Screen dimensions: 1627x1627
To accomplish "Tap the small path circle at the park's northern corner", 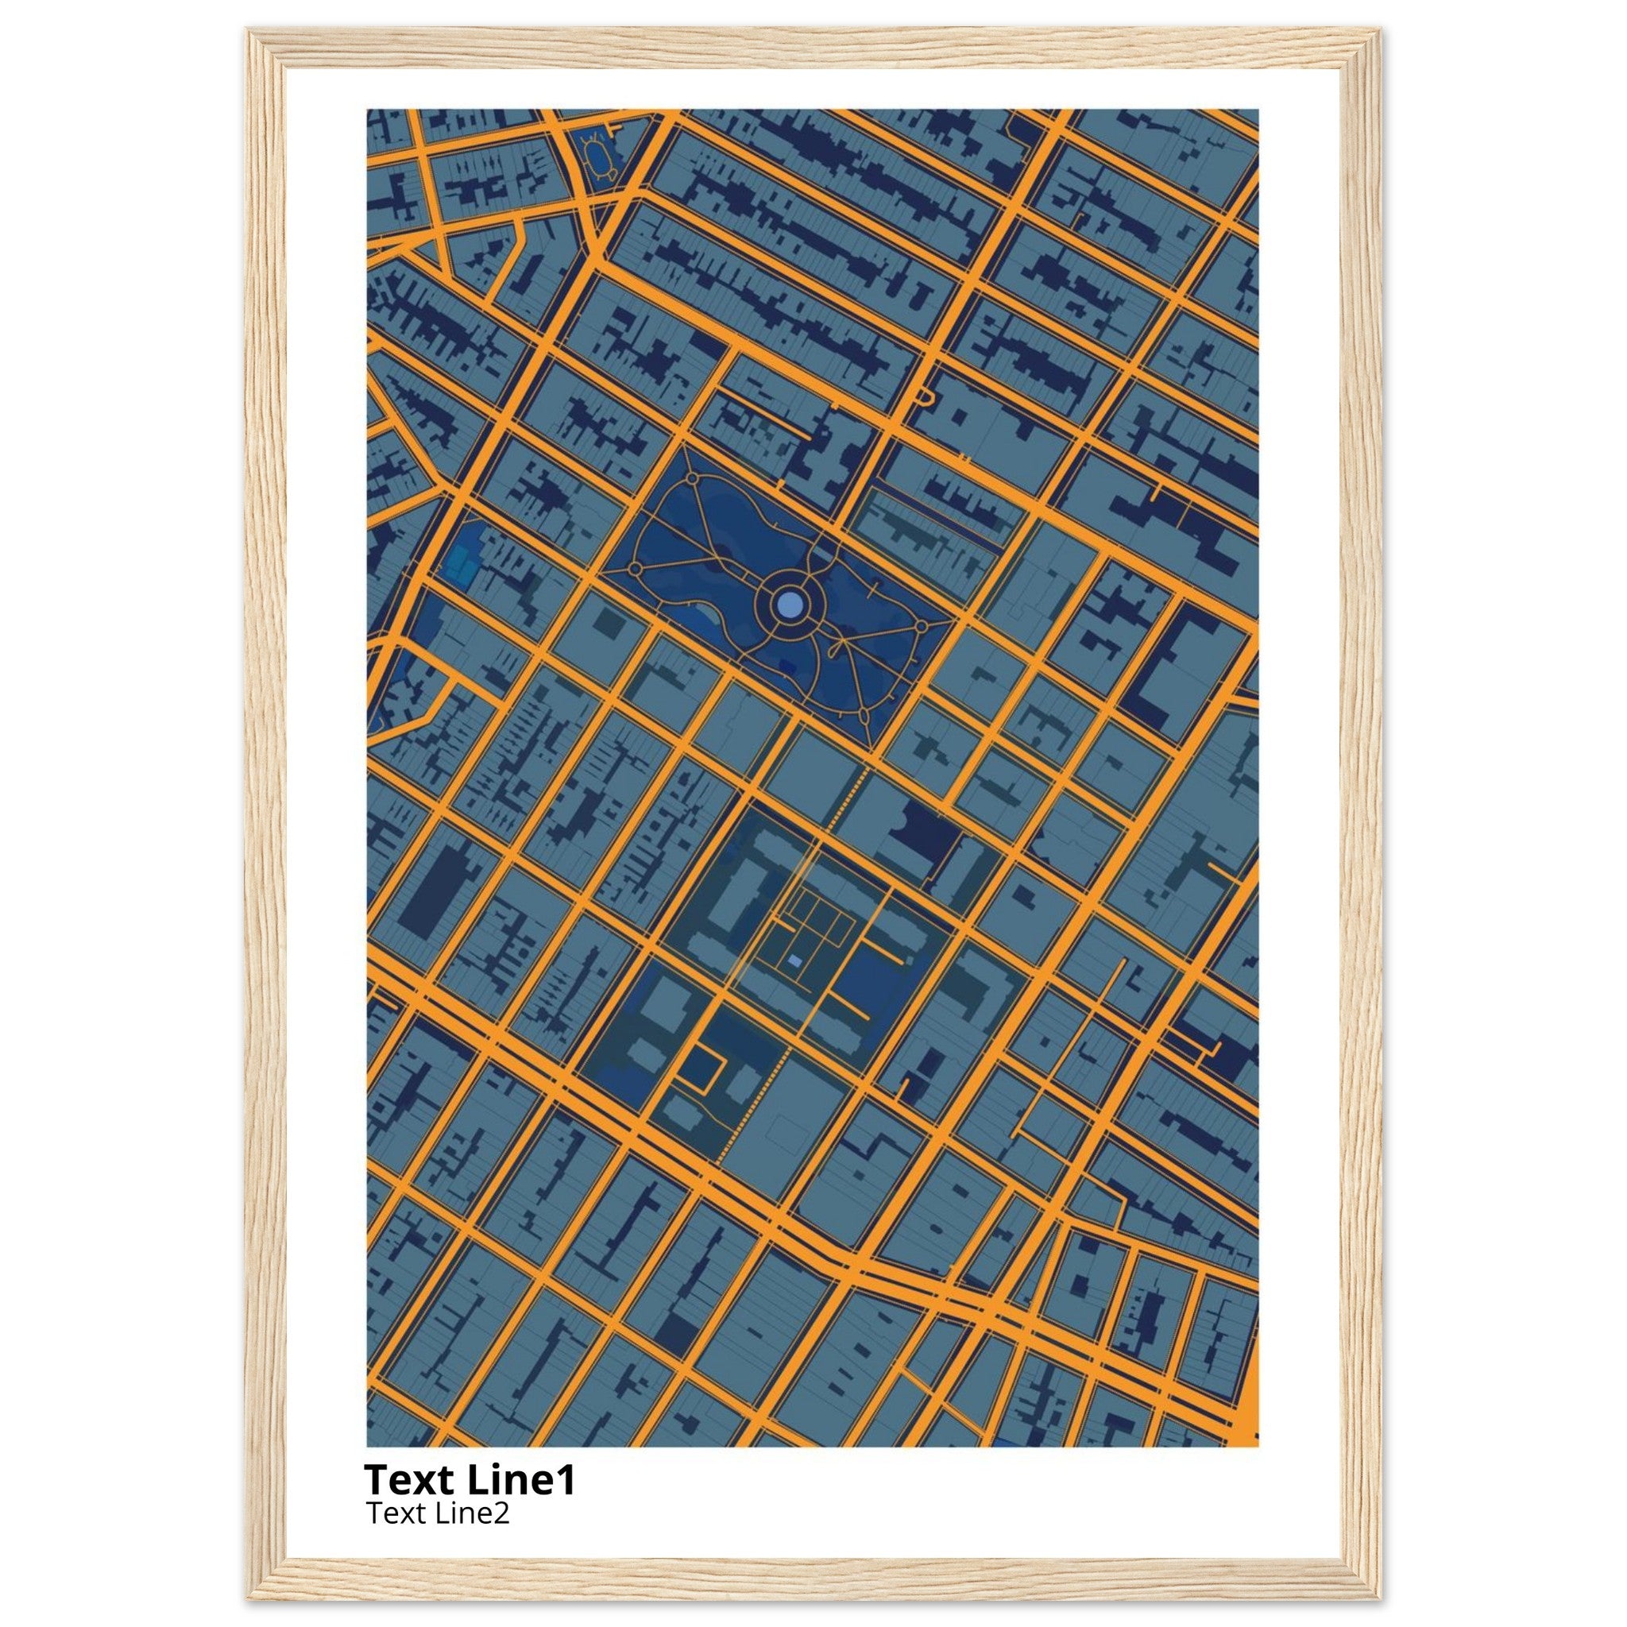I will [x=691, y=478].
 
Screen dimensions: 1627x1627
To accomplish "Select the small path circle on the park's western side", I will [x=635, y=570].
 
